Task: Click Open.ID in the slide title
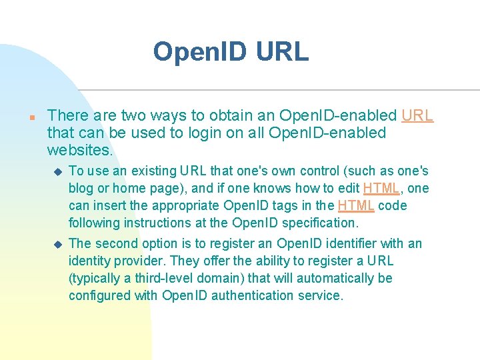coord(199,51)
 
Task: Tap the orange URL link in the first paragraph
coord(417,115)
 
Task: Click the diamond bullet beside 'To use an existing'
coord(57,171)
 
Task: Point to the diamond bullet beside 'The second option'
coord(57,244)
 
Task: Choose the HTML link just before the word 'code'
coord(355,206)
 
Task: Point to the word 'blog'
coord(81,189)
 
